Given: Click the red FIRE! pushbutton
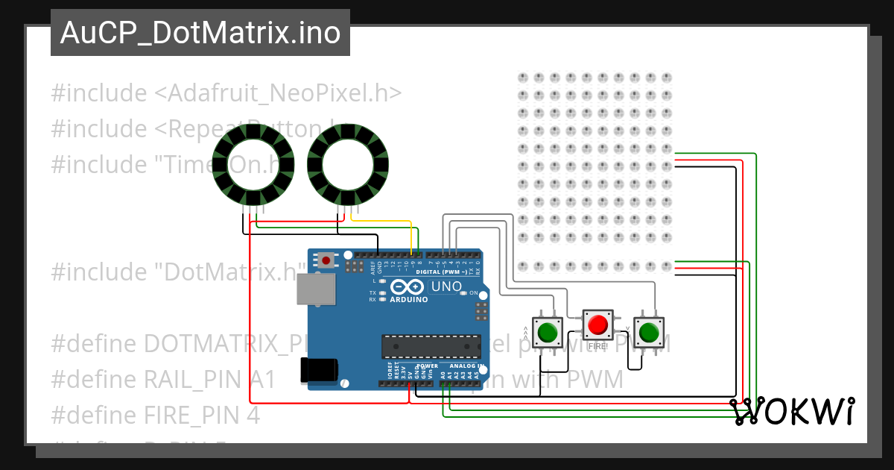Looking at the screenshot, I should tap(597, 325).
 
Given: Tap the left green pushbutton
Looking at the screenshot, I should tap(549, 330).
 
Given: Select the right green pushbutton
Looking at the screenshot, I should tap(648, 330).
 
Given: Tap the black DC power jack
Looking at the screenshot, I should tap(319, 371).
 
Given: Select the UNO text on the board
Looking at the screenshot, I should tap(447, 286).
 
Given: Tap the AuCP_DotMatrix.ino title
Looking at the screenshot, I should tap(200, 33).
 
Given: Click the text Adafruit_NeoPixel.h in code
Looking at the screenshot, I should tap(277, 94).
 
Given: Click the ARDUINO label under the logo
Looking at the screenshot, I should tap(409, 299).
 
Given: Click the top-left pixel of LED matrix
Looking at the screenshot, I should tap(522, 78).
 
